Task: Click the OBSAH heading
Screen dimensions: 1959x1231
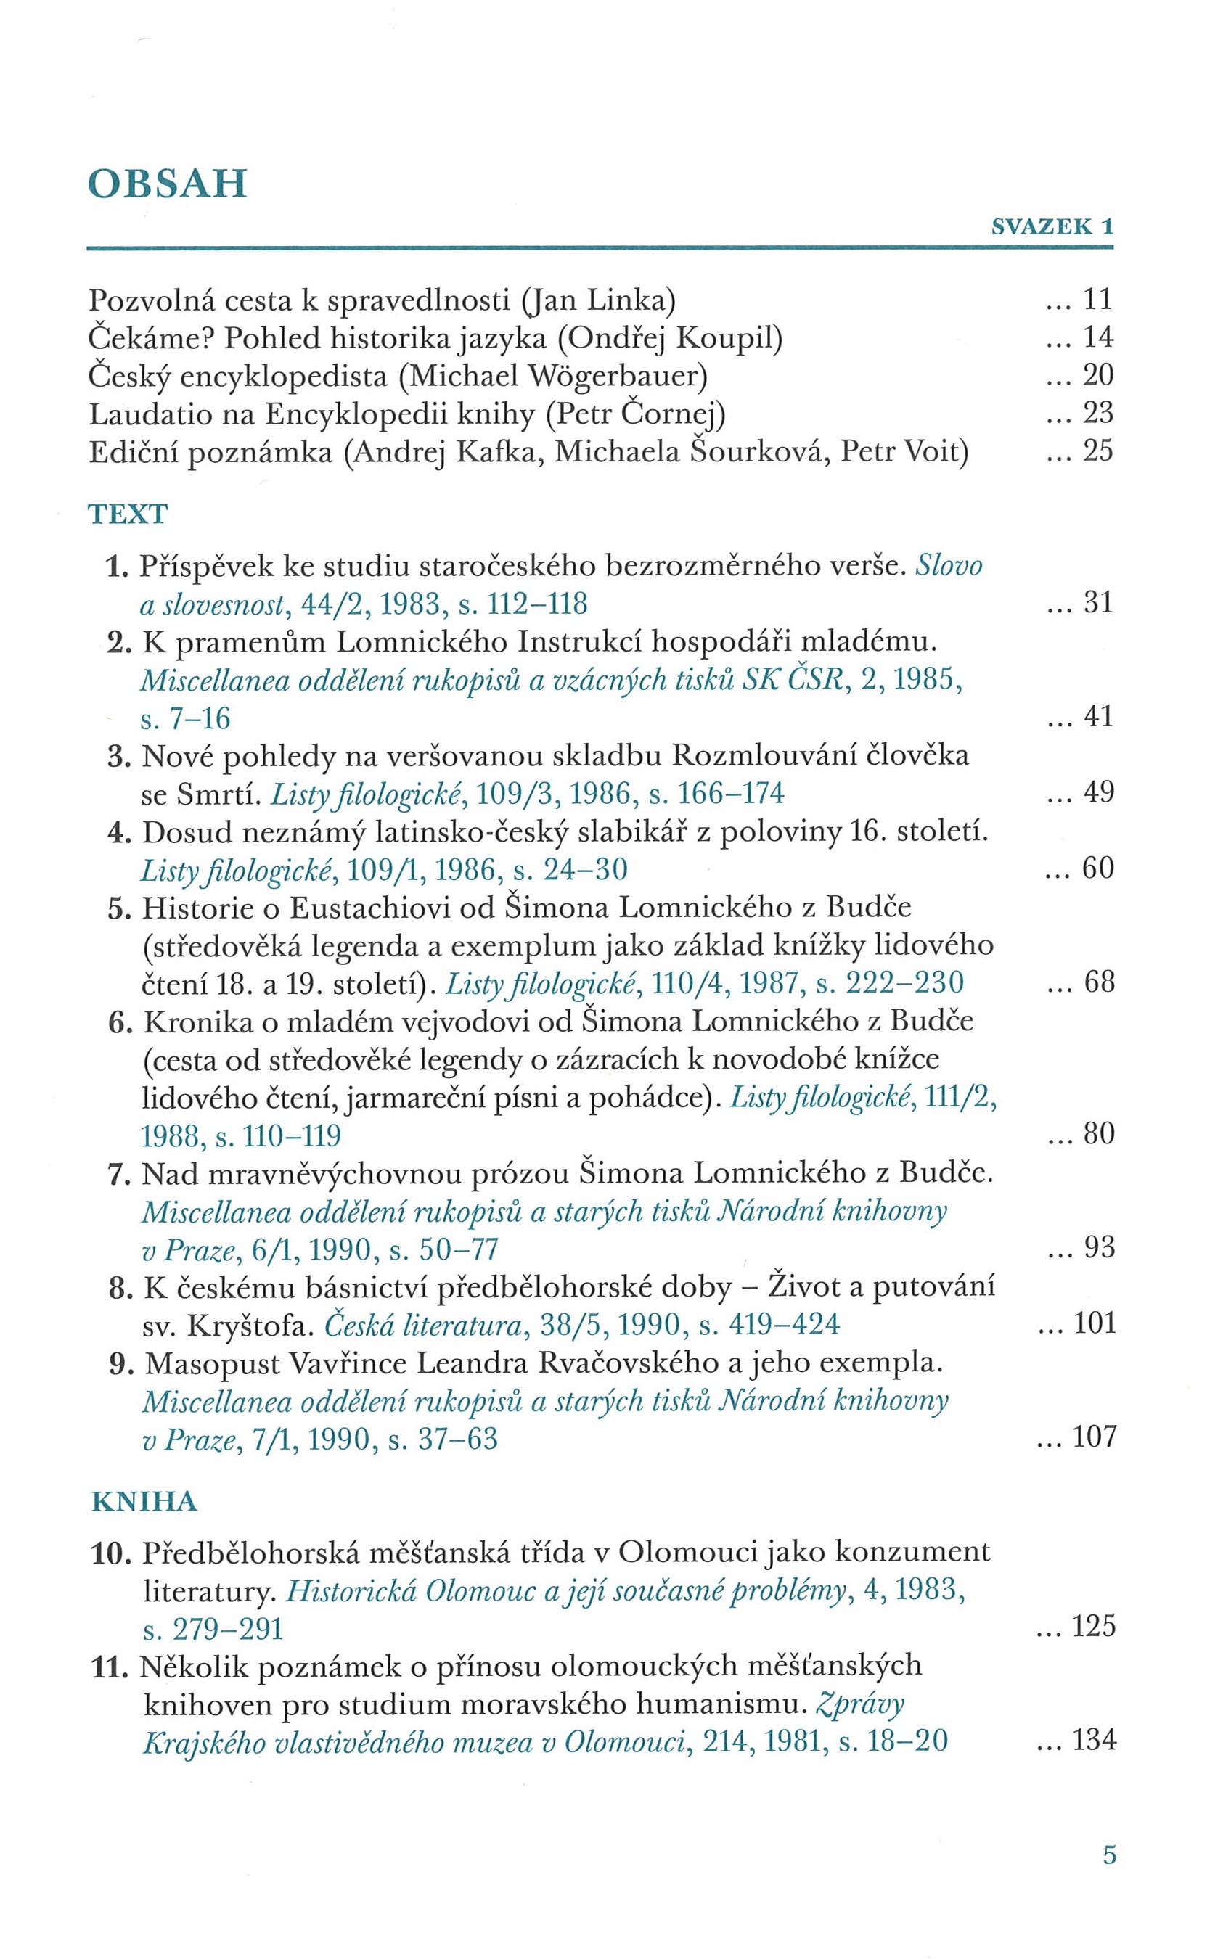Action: [167, 185]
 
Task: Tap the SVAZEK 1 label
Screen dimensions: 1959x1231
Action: [1051, 227]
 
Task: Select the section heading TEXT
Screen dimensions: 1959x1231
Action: [128, 514]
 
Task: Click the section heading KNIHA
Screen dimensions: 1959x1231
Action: [144, 1501]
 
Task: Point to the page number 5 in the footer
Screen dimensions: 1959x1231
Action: [1109, 1855]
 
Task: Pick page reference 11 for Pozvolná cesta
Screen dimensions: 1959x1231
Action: [1097, 300]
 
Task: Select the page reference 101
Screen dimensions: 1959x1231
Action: [1095, 1323]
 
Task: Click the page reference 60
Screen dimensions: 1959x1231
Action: [1097, 868]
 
